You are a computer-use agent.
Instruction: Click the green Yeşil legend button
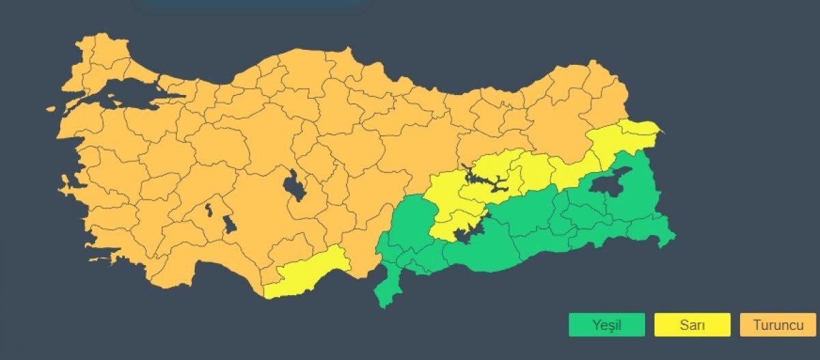click(x=606, y=325)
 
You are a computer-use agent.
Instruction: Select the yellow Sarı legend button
click(x=692, y=325)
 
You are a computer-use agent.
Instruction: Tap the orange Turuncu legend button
click(x=778, y=325)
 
